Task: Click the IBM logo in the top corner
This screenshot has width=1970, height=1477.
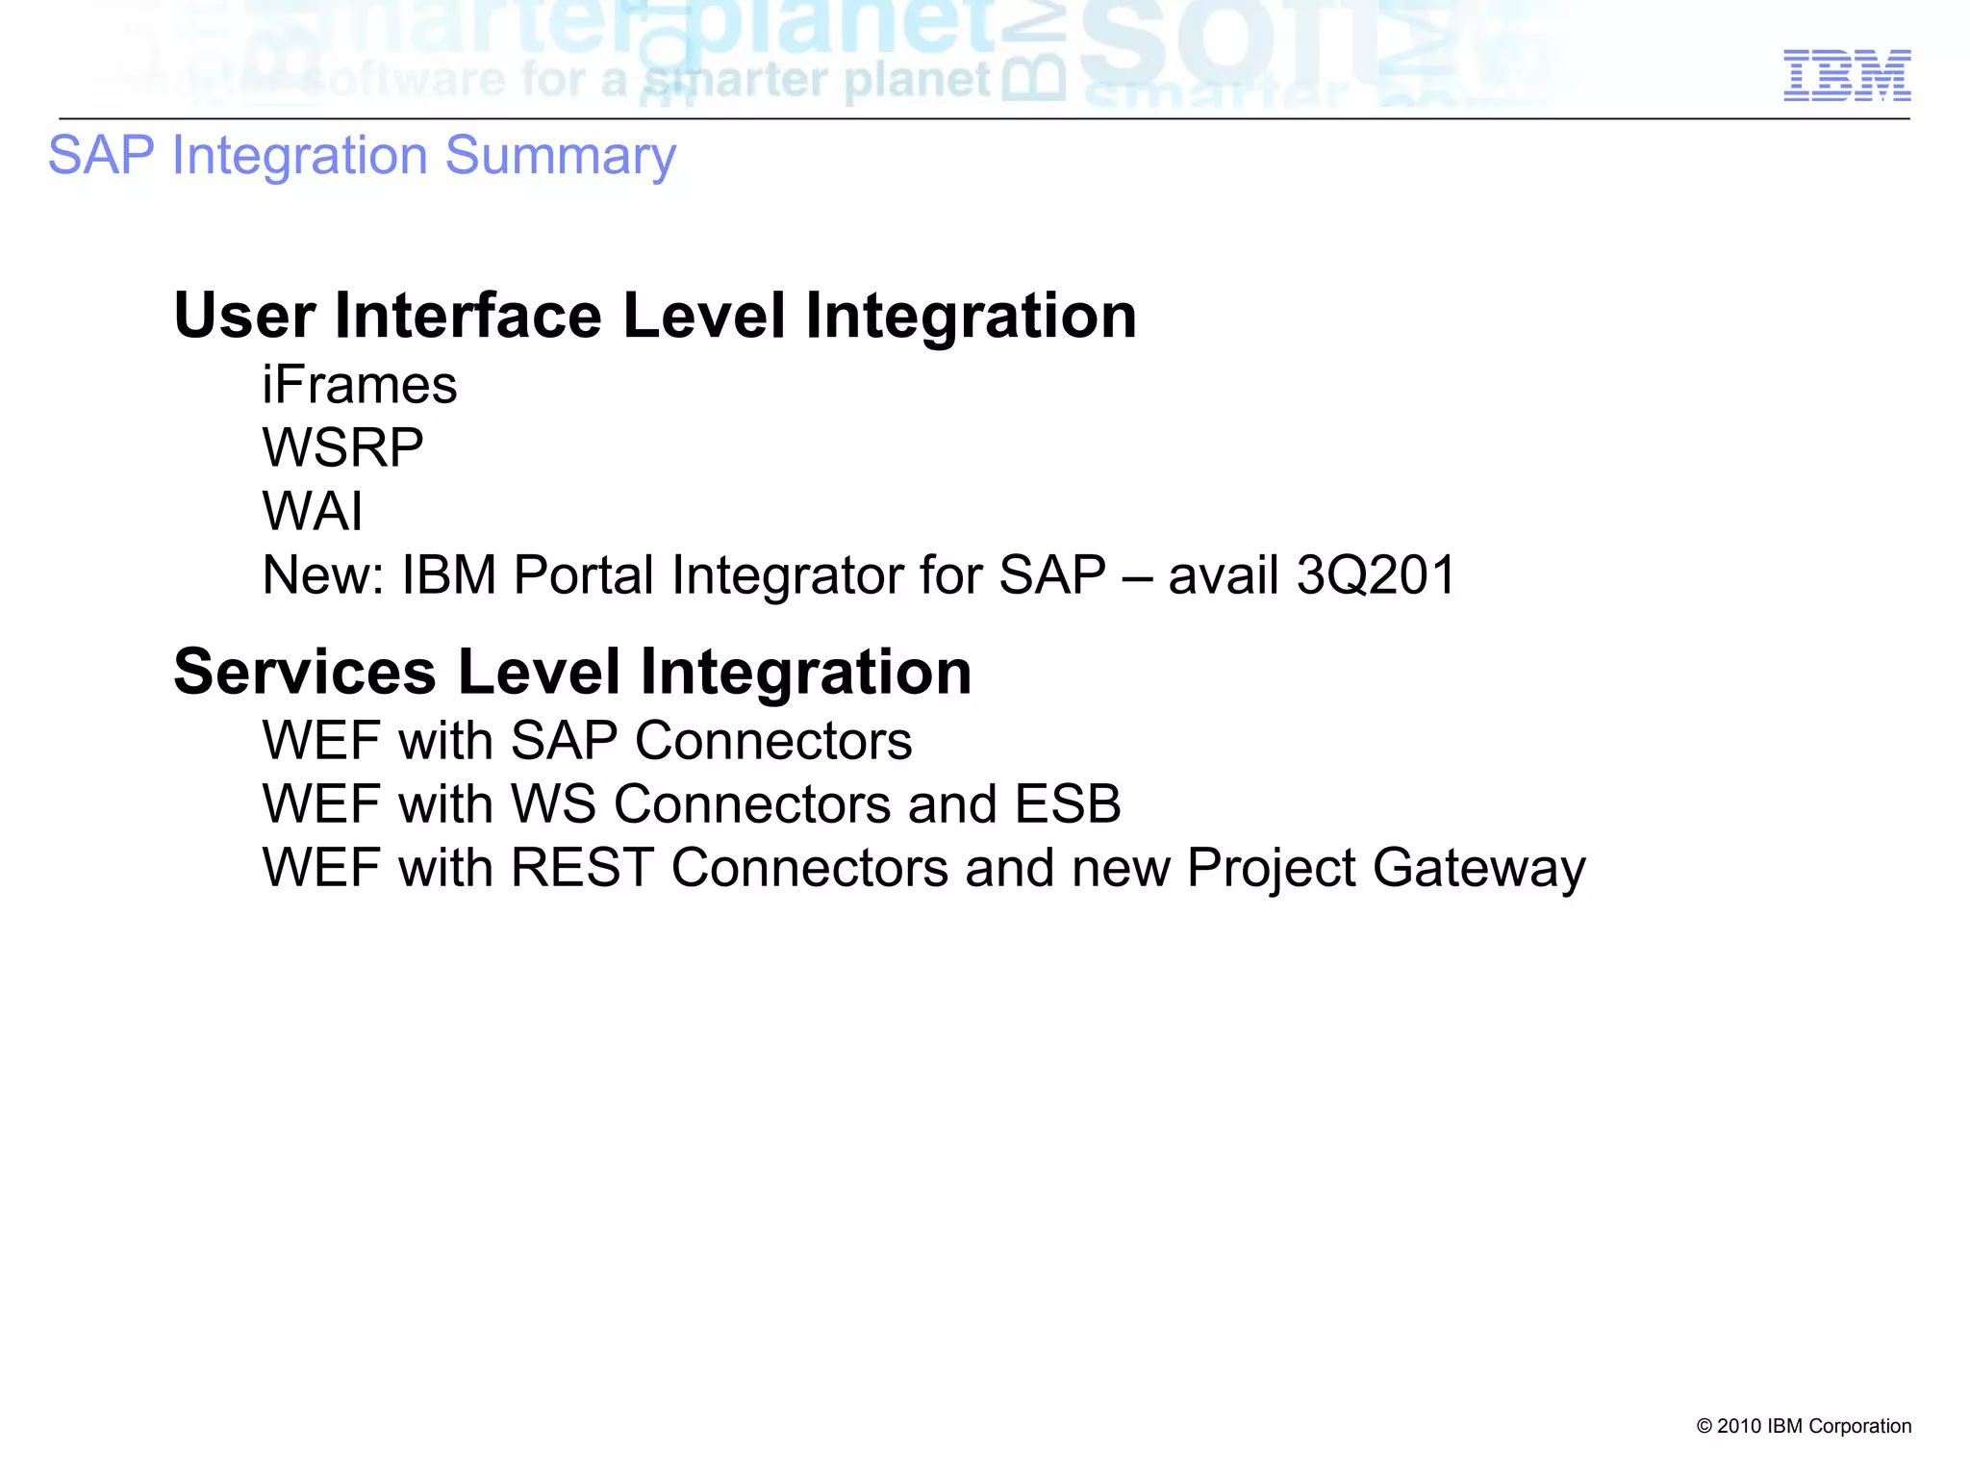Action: click(1847, 76)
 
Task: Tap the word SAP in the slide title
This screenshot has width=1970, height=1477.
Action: click(101, 156)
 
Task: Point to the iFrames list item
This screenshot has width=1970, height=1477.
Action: click(360, 386)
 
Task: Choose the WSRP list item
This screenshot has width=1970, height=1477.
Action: click(342, 448)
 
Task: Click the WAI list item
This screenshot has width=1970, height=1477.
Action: click(313, 511)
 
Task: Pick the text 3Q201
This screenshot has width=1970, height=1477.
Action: click(1376, 575)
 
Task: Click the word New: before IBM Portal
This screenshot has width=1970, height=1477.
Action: click(323, 575)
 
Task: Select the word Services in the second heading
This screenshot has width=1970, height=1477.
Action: click(305, 672)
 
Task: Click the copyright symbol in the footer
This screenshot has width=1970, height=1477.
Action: click(1704, 1426)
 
